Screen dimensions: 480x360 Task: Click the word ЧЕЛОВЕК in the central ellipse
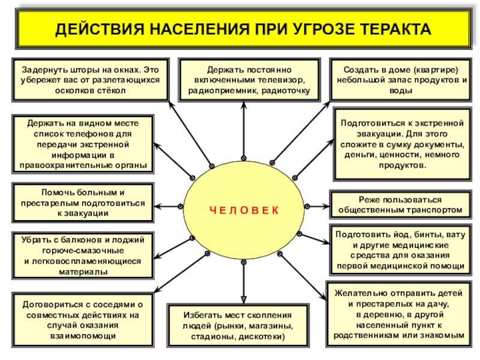[x=244, y=209]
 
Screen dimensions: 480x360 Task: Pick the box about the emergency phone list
[x=83, y=145]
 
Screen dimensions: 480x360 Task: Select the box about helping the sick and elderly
[x=83, y=202]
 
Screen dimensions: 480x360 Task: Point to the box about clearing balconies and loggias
[x=83, y=256]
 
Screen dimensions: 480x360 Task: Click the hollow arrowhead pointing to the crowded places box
[x=244, y=298]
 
